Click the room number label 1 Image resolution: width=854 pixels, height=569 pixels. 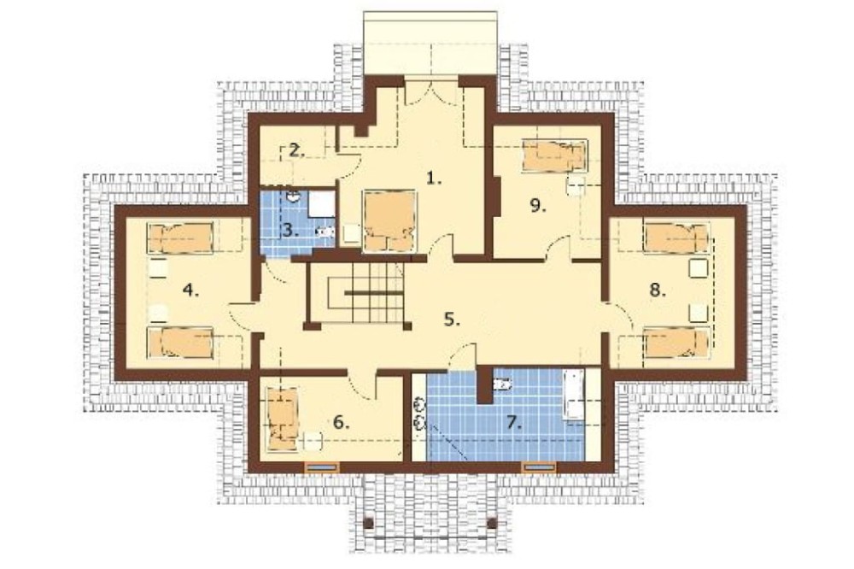(x=434, y=179)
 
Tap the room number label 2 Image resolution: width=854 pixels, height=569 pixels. (x=296, y=150)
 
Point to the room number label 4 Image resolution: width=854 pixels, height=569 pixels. (x=190, y=290)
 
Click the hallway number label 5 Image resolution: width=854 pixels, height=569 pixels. (x=452, y=320)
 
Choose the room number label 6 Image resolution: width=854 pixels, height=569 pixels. (x=341, y=422)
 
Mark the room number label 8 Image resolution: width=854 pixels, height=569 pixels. (x=658, y=290)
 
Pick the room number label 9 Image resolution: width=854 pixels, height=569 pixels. (x=537, y=205)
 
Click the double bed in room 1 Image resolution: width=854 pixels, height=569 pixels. (x=389, y=220)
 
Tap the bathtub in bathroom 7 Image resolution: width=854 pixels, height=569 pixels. (x=574, y=395)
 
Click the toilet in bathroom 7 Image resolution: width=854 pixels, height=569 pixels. (x=501, y=384)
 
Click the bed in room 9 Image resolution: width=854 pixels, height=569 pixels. (x=554, y=155)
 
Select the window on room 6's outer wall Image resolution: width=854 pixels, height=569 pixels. (x=322, y=466)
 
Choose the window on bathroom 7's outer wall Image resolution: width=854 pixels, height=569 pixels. (x=539, y=466)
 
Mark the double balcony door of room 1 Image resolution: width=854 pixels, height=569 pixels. (x=431, y=91)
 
